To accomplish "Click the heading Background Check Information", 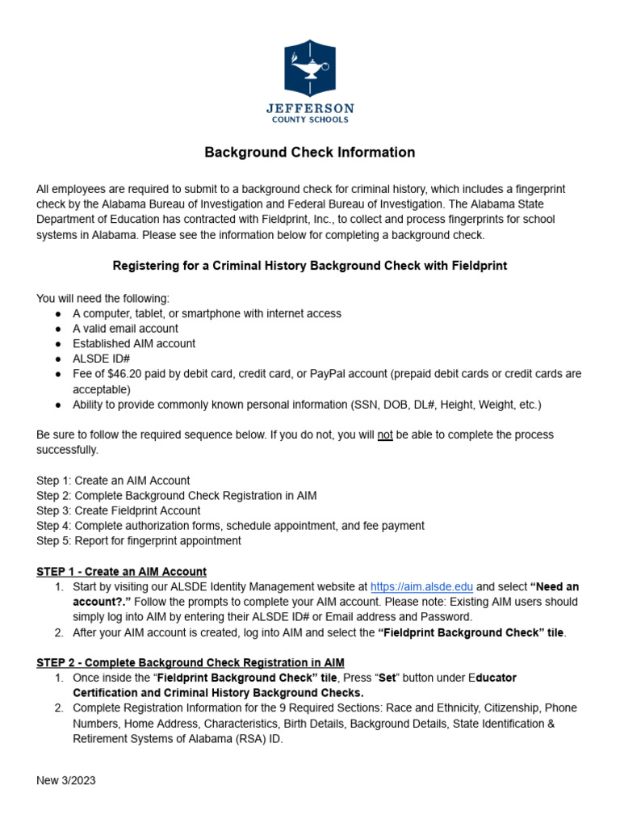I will (309, 152).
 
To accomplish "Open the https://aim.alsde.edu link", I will (421, 587).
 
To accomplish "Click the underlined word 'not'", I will (385, 434).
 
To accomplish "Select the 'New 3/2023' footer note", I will (66, 781).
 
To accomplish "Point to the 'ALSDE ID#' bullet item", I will (101, 359).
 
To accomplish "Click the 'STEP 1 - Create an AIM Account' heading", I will (121, 572).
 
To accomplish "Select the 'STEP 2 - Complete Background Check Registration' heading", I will (190, 662).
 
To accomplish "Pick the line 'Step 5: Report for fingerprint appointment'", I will (138, 540).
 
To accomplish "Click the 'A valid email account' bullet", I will (125, 329).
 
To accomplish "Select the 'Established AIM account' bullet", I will (133, 343).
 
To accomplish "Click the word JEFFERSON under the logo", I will (310, 108).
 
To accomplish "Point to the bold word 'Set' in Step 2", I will (387, 678).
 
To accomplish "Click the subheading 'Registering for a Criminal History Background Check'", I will (309, 266).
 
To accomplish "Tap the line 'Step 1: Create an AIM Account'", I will (113, 481).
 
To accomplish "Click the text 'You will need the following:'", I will (103, 299).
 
